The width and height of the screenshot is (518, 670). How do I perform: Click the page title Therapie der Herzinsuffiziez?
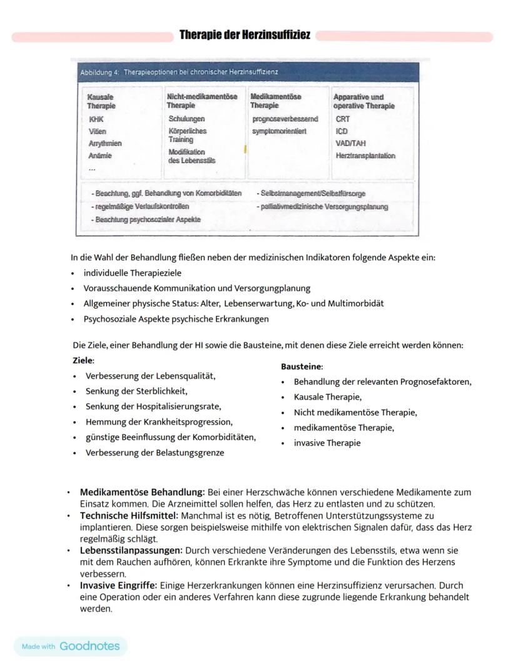click(x=245, y=34)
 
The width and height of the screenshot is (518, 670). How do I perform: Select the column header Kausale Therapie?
click(x=101, y=101)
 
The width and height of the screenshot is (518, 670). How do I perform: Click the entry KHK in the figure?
click(x=96, y=119)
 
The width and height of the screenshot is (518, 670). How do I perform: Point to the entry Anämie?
click(x=100, y=156)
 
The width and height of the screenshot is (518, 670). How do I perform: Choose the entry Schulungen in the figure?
click(x=186, y=119)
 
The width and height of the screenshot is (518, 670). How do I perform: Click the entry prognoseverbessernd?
click(x=285, y=119)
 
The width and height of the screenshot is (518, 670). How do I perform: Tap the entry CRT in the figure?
click(x=342, y=119)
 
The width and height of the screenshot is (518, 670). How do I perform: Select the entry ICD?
click(x=342, y=131)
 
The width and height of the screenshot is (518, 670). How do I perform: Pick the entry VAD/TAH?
click(x=350, y=143)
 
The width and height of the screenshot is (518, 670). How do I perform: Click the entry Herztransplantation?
click(x=365, y=156)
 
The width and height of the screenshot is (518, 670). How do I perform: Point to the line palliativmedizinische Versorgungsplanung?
click(x=322, y=206)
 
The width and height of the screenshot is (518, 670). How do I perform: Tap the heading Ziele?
click(x=83, y=361)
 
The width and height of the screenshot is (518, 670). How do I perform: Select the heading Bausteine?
click(x=302, y=367)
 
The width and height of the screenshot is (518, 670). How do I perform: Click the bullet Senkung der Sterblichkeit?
click(x=136, y=392)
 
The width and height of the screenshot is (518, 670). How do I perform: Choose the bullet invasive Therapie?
click(x=327, y=443)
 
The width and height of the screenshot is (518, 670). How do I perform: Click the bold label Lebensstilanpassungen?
click(x=131, y=551)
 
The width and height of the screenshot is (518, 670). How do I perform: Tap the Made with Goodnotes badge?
click(x=71, y=646)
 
